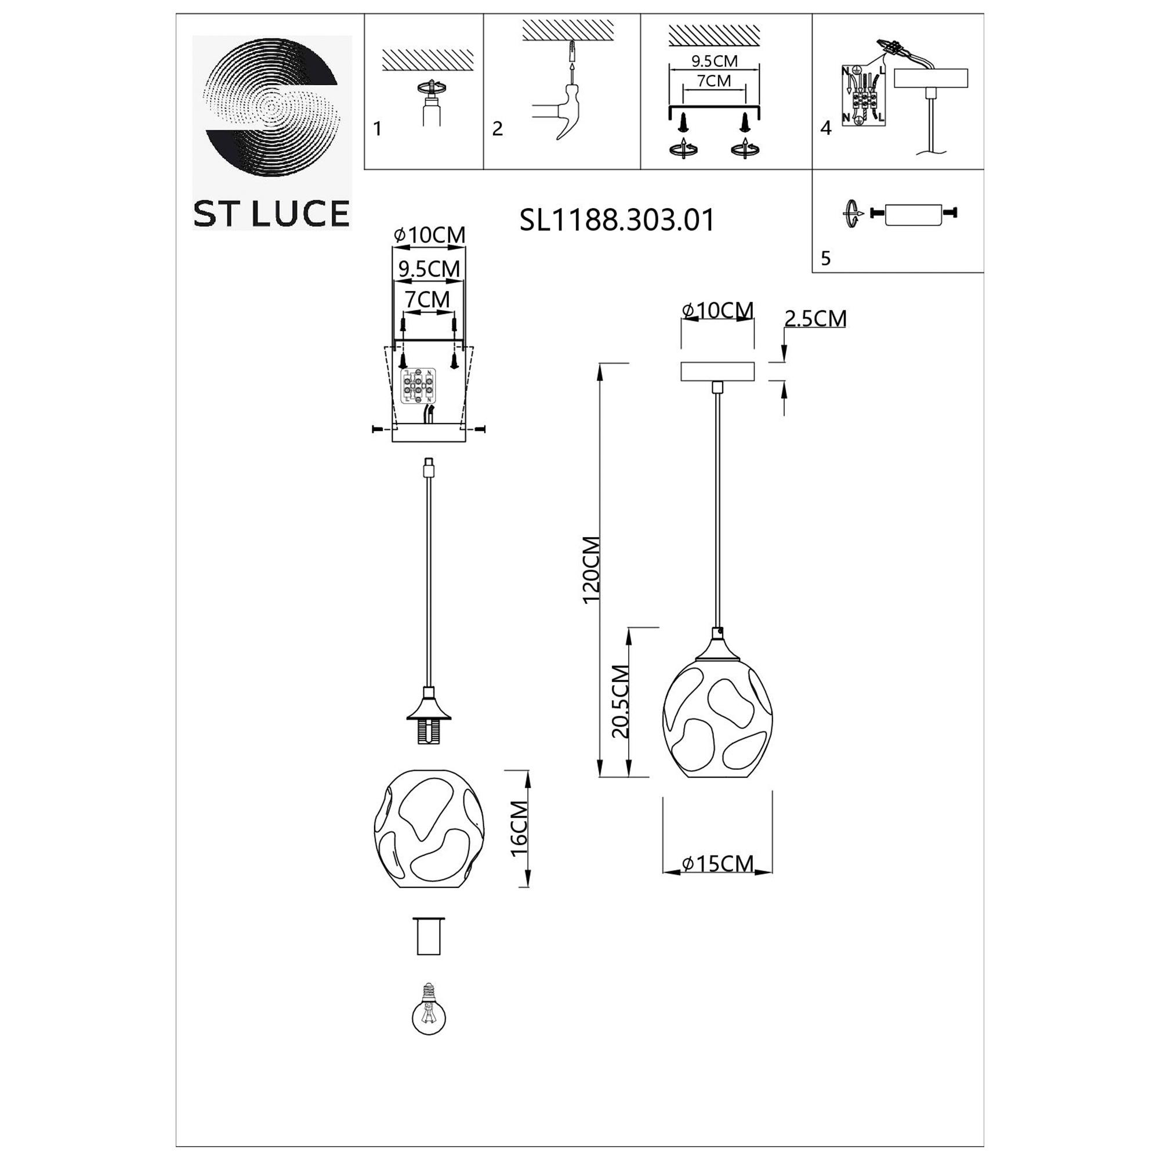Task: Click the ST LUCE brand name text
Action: tap(271, 214)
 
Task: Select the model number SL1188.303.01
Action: tap(617, 220)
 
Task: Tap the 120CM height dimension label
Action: tap(592, 570)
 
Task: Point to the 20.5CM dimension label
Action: tap(620, 702)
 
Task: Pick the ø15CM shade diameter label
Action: tap(718, 864)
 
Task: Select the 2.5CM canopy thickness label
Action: tap(815, 318)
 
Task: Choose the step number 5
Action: tap(825, 258)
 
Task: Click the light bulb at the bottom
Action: tap(429, 1016)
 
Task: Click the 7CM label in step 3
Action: tap(714, 81)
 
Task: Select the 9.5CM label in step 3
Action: tap(715, 61)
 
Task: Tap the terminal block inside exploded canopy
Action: tap(418, 387)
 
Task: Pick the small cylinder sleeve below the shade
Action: tap(429, 936)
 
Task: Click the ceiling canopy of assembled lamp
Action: tap(717, 372)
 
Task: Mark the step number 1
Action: tap(377, 129)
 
